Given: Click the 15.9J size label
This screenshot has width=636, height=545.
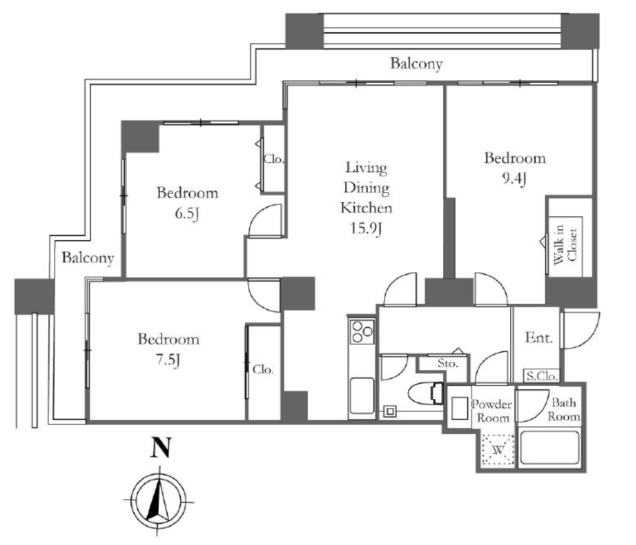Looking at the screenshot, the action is point(366,228).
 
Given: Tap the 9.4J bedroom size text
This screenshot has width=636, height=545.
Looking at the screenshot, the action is point(514,178).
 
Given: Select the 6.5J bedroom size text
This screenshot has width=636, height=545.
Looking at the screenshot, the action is point(187,214).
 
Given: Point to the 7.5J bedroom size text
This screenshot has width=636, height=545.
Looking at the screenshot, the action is point(168,359).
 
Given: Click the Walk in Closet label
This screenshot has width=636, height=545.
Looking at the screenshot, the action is point(565,245).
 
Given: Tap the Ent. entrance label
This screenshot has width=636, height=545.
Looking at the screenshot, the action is point(538,338).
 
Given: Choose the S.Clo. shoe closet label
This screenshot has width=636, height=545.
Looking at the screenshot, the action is point(542,376).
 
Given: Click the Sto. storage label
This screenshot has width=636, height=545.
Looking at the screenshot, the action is point(448,363).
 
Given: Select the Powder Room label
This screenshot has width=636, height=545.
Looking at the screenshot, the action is point(492,411).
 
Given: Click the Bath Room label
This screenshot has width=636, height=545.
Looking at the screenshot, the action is point(564,410).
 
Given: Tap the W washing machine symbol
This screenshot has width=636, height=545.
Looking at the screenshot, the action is point(498,449).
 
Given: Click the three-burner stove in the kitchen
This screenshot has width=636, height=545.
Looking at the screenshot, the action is point(362,331).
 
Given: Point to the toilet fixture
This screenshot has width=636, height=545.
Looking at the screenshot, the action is point(426,394).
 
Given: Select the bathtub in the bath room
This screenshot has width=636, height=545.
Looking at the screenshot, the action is point(550,448).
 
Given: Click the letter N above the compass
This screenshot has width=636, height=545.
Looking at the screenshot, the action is point(161,448).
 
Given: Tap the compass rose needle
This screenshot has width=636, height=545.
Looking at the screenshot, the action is point(159,500).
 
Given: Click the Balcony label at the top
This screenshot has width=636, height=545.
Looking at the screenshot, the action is point(416,64).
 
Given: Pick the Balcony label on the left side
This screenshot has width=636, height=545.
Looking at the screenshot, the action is point(88,258).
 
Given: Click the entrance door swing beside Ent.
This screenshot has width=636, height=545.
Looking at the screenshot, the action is point(580,330).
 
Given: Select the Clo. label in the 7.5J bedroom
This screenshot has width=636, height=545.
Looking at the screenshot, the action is point(263,369).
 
